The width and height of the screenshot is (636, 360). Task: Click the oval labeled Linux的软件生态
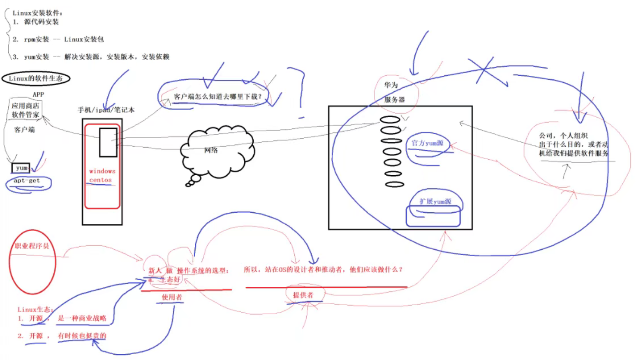point(36,78)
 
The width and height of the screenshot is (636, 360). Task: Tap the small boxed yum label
point(21,168)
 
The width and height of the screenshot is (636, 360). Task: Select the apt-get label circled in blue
point(27,181)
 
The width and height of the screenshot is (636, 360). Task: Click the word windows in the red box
point(102,171)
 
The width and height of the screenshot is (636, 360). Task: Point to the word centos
point(100,180)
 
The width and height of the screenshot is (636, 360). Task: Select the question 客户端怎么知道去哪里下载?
point(217,96)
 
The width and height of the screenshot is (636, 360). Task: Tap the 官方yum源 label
point(427,143)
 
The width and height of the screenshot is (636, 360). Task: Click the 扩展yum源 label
point(435,201)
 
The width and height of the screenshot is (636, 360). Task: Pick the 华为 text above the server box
point(391,85)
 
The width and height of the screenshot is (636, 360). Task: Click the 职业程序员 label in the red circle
point(32,246)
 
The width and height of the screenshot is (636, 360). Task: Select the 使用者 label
point(171,297)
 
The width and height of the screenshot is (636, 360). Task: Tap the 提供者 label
point(303,295)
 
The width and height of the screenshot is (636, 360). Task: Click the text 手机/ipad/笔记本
point(106,110)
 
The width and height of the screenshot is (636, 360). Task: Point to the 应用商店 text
point(25,106)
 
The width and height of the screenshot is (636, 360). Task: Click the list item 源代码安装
point(41,22)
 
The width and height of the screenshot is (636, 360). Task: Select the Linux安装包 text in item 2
point(84,39)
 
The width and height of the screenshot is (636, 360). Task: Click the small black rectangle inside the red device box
point(108,142)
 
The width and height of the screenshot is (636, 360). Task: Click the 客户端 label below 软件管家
point(24,130)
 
